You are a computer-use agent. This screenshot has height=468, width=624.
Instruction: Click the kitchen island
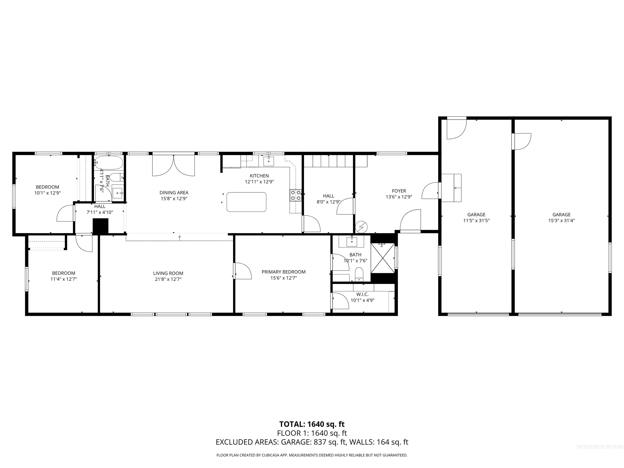click(246, 202)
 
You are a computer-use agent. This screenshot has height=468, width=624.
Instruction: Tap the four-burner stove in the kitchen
click(295, 195)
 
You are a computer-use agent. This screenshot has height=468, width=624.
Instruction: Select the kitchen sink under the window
click(268, 161)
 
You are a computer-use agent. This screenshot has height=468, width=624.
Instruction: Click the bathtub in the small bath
click(109, 162)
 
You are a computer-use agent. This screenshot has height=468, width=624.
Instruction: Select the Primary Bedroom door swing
click(243, 271)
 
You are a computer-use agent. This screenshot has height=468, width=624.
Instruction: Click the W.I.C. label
click(362, 295)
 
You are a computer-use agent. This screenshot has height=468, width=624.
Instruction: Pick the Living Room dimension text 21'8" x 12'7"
click(168, 279)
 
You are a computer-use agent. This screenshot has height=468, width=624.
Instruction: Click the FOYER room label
click(399, 191)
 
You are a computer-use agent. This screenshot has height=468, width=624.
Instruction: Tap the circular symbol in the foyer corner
click(361, 226)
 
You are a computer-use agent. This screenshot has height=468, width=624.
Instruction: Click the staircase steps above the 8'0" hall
click(329, 161)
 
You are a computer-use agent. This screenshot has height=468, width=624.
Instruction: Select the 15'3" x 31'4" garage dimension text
click(561, 221)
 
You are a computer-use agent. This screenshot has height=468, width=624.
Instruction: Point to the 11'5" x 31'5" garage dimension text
click(476, 221)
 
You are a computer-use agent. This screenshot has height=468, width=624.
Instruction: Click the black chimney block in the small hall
click(100, 226)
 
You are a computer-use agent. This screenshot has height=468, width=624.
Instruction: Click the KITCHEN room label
click(259, 176)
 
